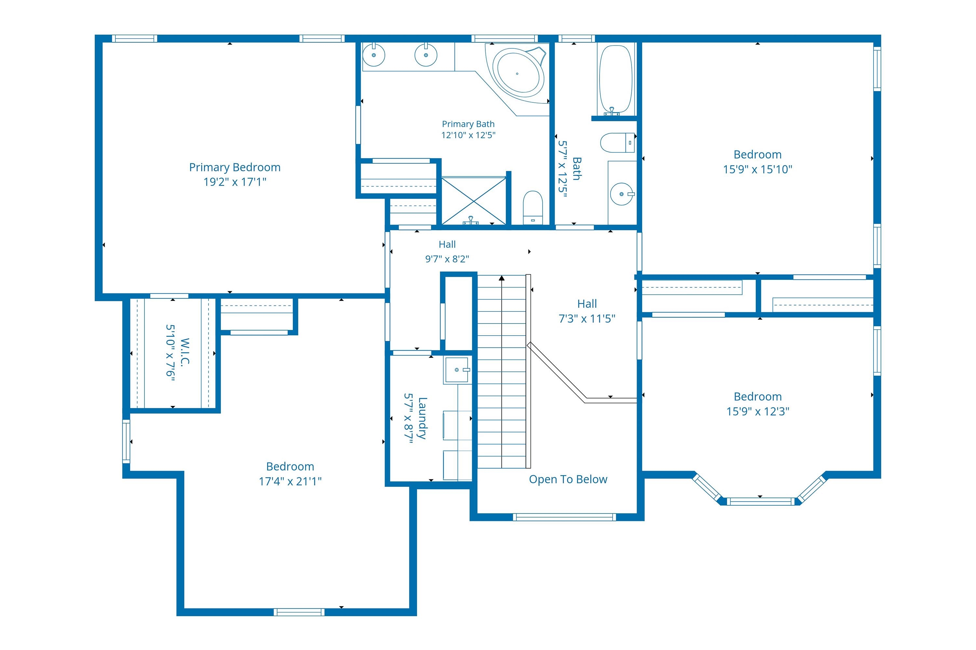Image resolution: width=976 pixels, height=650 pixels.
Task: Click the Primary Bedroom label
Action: click(235, 167)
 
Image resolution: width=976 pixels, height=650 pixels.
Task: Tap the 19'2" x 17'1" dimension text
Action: click(235, 182)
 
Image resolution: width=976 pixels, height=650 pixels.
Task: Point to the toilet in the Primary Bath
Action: click(533, 207)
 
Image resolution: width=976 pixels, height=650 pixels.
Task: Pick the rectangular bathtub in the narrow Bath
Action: click(616, 80)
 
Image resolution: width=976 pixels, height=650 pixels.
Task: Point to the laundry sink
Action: click(457, 370)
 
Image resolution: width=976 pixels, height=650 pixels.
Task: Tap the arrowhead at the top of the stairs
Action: click(502, 278)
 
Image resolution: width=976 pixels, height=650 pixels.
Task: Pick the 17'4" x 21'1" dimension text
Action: click(291, 481)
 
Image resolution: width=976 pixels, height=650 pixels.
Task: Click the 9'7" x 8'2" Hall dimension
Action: click(447, 259)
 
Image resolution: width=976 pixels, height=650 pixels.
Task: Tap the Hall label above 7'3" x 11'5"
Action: click(587, 304)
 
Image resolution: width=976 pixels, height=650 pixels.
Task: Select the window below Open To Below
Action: click(564, 517)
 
